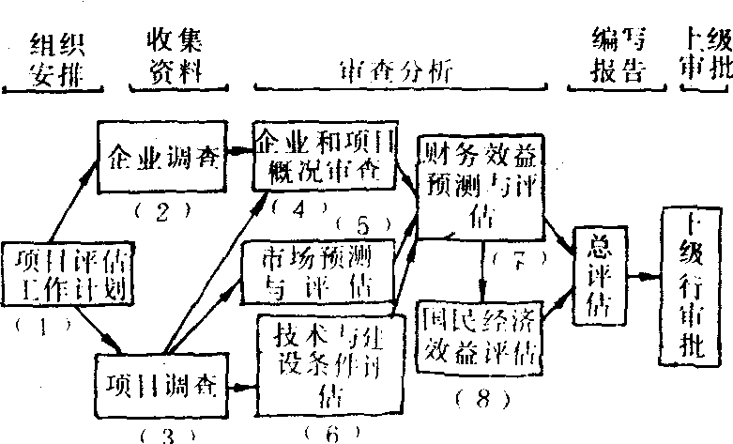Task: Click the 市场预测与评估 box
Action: pyautogui.click(x=316, y=271)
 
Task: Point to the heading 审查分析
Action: pyautogui.click(x=389, y=70)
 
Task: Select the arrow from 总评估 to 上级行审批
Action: pyautogui.click(x=642, y=277)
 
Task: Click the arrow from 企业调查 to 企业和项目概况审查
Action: pyautogui.click(x=240, y=153)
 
